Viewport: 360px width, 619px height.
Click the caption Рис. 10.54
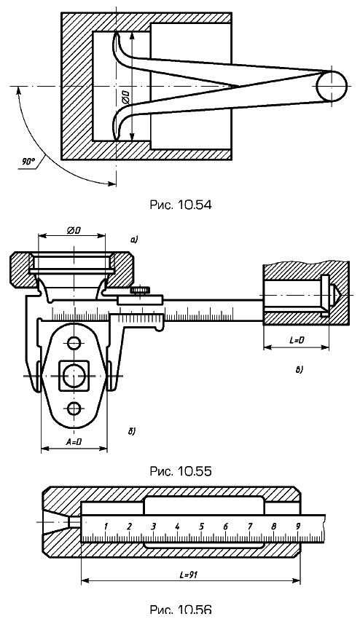point(180,205)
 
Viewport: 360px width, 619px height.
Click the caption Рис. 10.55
point(180,471)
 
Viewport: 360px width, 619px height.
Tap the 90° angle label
point(28,161)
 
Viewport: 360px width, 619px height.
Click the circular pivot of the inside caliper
point(331,86)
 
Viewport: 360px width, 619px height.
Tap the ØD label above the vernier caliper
point(72,230)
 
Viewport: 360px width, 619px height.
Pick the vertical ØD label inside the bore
point(125,97)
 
